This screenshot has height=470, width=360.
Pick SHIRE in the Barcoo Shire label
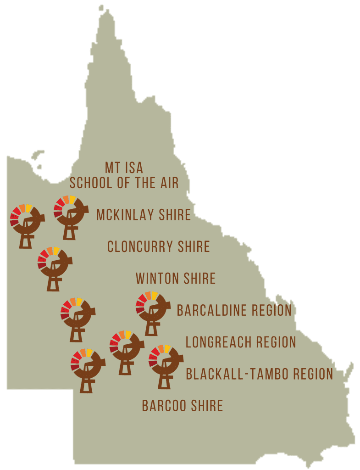pyautogui.click(x=206, y=406)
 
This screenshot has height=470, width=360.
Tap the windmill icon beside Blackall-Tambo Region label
pyautogui.click(x=165, y=365)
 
